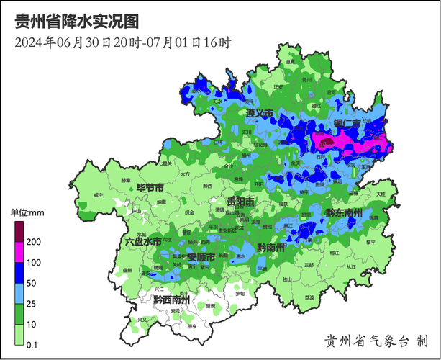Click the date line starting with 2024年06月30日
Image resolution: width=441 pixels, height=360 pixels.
click(x=122, y=42)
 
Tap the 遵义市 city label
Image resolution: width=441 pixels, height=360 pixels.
click(x=259, y=114)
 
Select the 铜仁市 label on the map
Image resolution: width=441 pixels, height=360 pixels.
click(x=347, y=124)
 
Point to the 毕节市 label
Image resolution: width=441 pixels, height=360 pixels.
click(x=150, y=188)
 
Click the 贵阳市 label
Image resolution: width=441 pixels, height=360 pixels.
click(x=240, y=202)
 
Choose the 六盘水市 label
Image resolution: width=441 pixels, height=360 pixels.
click(x=142, y=242)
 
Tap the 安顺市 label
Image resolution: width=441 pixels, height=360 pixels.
click(x=201, y=256)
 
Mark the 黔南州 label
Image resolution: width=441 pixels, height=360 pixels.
click(x=271, y=248)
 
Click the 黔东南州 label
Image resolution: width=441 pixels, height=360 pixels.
click(x=343, y=212)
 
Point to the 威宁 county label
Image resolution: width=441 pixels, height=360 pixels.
click(x=99, y=195)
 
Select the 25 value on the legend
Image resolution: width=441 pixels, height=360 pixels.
click(x=32, y=305)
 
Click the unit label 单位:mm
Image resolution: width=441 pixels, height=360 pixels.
click(x=27, y=212)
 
